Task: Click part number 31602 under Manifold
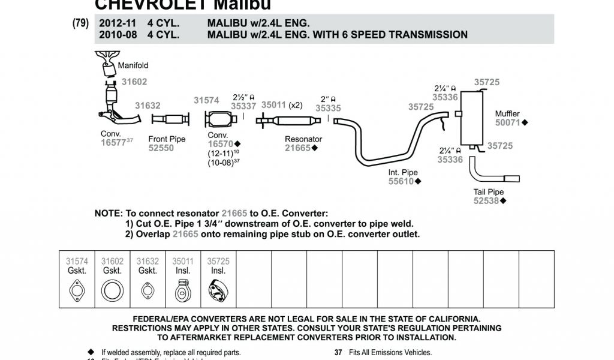point(134,82)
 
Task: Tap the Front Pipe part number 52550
point(161,148)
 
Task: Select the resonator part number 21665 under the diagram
point(299,148)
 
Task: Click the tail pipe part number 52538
point(486,201)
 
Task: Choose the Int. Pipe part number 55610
point(401,181)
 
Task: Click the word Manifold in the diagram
point(133,65)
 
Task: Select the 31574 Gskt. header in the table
point(77,266)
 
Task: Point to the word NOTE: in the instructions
point(109,214)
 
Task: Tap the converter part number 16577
point(113,143)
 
